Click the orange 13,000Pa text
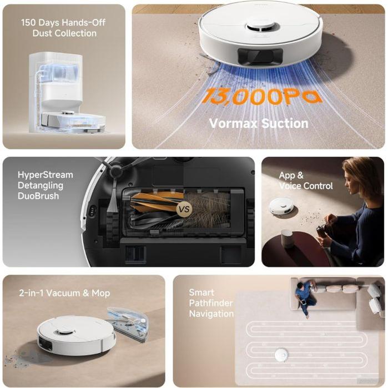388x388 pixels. click(x=261, y=95)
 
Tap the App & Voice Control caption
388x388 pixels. click(x=305, y=180)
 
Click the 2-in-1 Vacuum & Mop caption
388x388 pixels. click(x=64, y=293)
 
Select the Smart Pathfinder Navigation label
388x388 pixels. click(x=211, y=303)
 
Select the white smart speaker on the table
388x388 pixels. click(x=286, y=239)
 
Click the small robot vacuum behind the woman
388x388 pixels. click(x=281, y=206)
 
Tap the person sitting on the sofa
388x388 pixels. click(x=305, y=297)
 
